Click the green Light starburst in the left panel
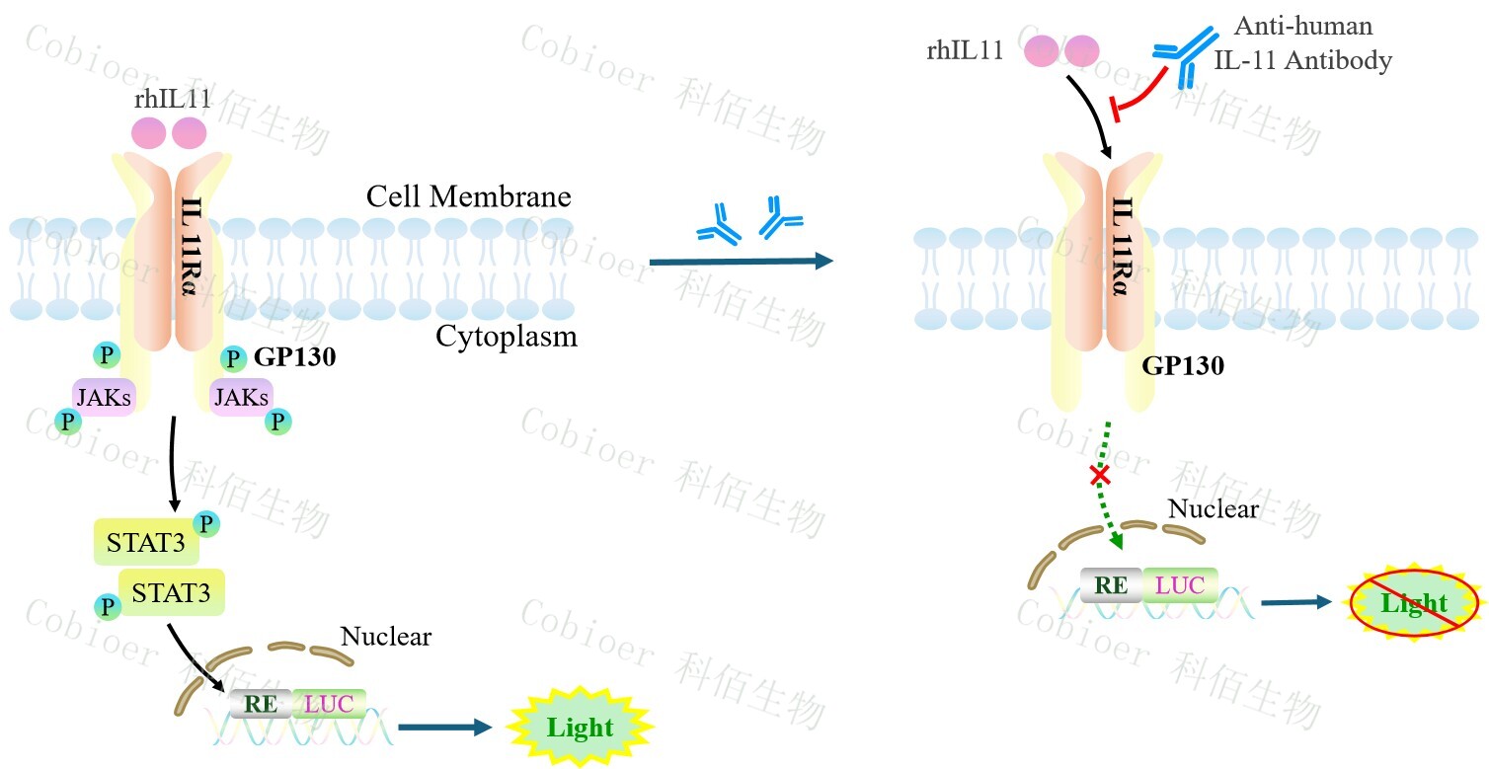(581, 729)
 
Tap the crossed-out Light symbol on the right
(1414, 602)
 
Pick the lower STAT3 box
(172, 592)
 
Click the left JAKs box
(104, 397)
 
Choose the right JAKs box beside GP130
(241, 397)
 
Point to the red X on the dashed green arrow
(1099, 477)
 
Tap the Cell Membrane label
(468, 195)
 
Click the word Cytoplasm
(506, 338)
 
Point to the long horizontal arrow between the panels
(741, 262)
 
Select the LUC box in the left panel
(329, 703)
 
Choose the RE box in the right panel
(1112, 585)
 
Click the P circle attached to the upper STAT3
(206, 522)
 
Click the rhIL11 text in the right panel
(965, 51)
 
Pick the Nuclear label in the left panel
(386, 636)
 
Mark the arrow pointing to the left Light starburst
(444, 728)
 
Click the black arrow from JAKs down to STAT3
(174, 464)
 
